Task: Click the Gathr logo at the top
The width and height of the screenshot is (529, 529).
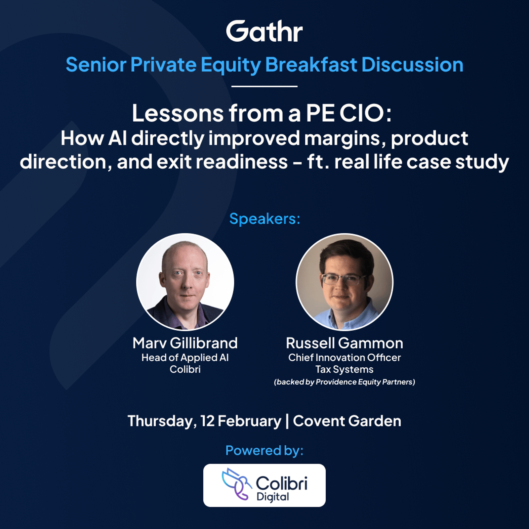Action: click(x=264, y=31)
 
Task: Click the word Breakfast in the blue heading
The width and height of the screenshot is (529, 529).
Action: click(x=311, y=64)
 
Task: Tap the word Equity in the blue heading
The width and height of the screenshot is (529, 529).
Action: click(x=231, y=65)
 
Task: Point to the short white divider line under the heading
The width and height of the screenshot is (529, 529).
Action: click(x=264, y=86)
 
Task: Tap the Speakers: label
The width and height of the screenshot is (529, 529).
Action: click(x=265, y=219)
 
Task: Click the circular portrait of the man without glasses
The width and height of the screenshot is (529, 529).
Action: click(x=185, y=282)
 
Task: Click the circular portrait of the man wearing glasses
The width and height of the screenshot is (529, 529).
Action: click(x=345, y=282)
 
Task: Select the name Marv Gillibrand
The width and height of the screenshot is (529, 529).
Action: click(x=185, y=343)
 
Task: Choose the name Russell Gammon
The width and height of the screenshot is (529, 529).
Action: click(x=345, y=343)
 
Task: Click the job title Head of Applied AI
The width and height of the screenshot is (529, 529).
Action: click(x=185, y=357)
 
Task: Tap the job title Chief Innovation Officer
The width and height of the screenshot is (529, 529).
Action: click(x=345, y=357)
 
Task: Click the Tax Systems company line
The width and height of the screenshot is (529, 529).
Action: click(x=345, y=369)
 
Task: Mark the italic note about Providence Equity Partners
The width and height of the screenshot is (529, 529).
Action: click(x=345, y=382)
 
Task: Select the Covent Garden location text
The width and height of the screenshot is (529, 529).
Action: click(x=347, y=421)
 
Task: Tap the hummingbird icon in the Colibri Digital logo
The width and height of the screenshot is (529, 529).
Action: click(x=236, y=484)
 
